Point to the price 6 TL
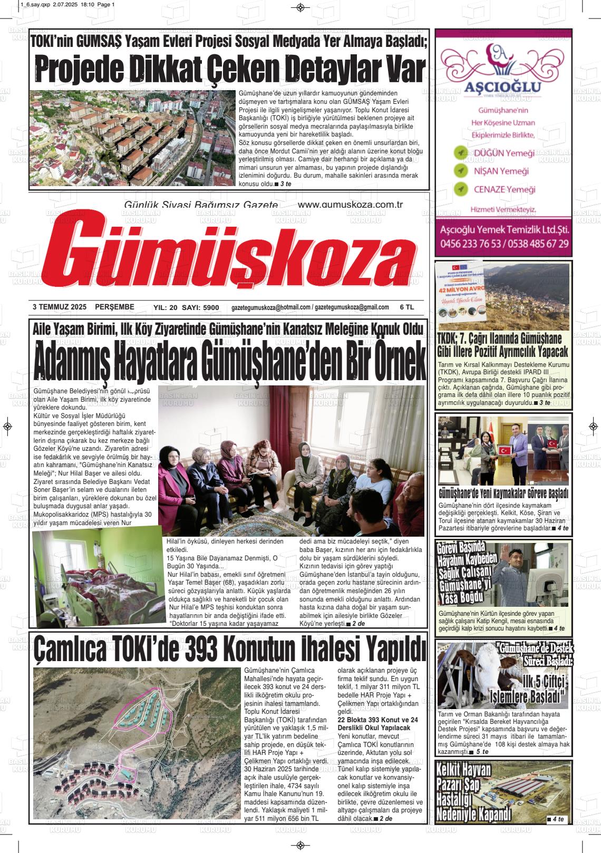(406, 307)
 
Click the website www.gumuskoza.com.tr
(350, 205)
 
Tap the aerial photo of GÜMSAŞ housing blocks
(133, 139)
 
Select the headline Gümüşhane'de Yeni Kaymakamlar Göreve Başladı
(503, 494)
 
